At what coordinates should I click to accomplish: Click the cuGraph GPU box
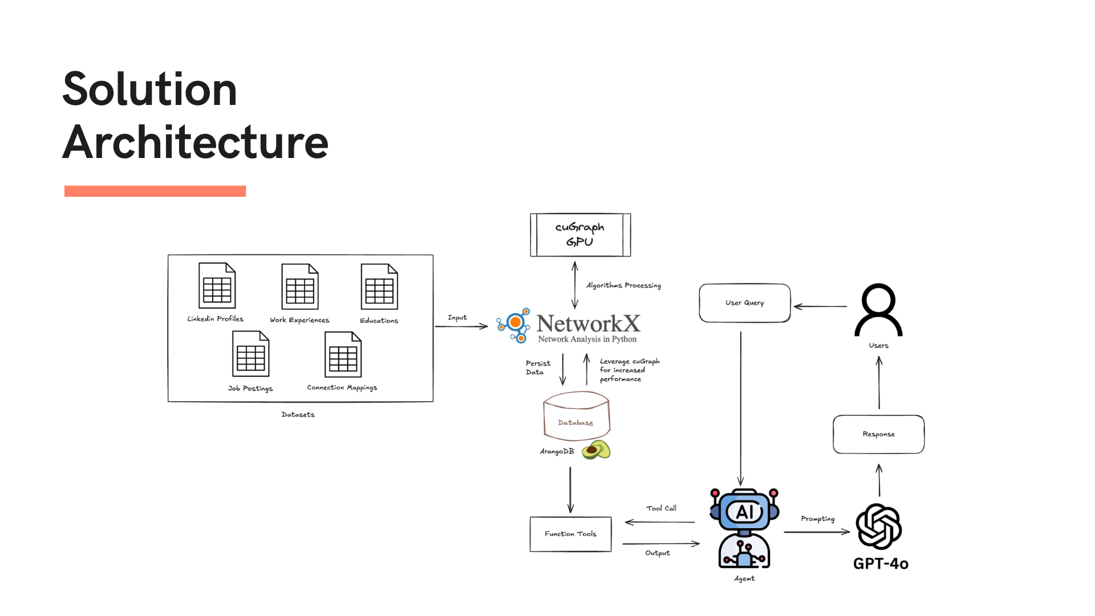[580, 235]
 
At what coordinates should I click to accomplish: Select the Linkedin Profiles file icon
[217, 286]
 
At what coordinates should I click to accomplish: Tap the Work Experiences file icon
[299, 287]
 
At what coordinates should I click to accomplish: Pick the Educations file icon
[379, 287]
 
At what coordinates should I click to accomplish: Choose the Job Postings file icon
[250, 354]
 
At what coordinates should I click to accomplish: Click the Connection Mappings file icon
[343, 355]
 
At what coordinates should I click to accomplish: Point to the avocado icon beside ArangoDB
[596, 450]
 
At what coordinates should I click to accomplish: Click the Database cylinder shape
[576, 417]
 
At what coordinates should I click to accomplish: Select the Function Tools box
[570, 534]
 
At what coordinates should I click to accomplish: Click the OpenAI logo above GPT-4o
[879, 526]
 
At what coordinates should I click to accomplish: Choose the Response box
[878, 434]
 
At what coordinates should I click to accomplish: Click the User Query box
[744, 303]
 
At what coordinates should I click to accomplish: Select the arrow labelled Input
[461, 326]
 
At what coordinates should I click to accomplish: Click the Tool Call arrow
[660, 522]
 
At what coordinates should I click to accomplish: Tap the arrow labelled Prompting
[817, 532]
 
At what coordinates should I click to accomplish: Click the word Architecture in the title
[196, 142]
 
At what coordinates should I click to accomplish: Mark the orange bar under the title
[155, 191]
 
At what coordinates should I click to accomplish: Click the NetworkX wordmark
[588, 324]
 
